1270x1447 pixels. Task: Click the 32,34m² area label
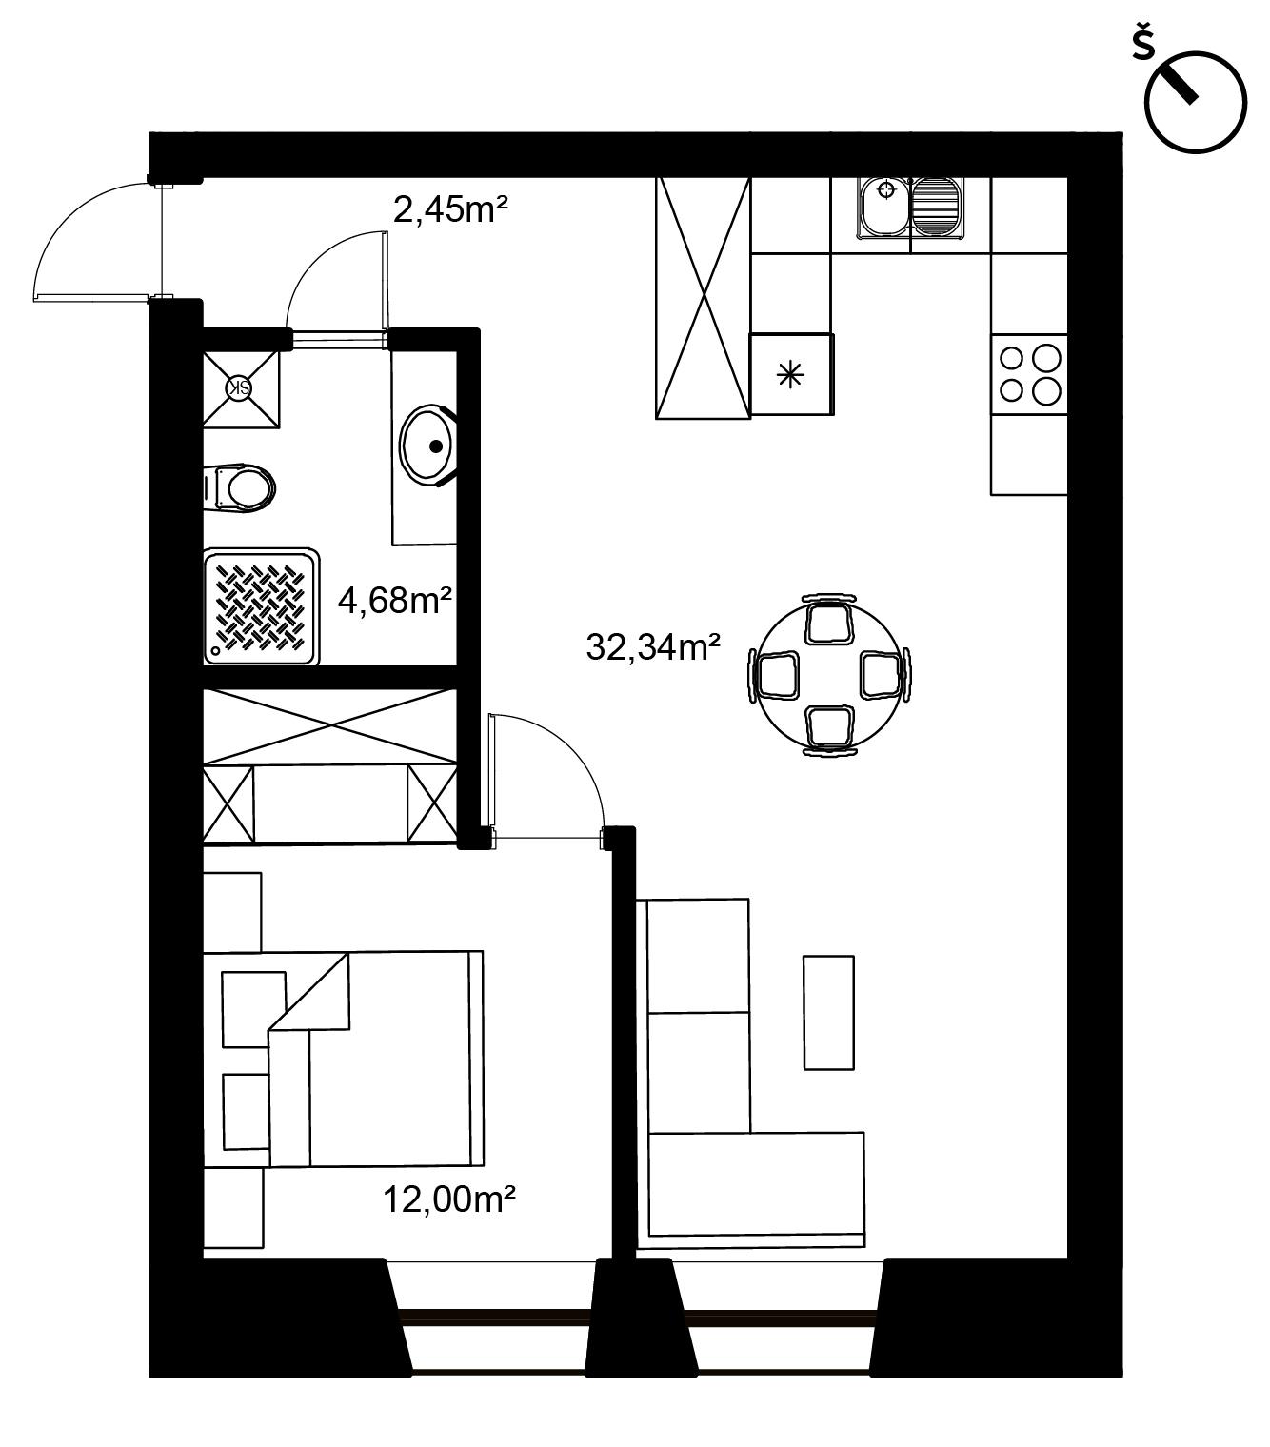click(652, 647)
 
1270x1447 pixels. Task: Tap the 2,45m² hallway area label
click(450, 210)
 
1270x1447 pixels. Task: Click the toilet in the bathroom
click(239, 488)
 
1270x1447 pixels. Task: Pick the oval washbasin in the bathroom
click(427, 446)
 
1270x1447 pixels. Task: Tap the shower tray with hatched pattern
click(261, 607)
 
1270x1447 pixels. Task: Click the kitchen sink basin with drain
click(885, 208)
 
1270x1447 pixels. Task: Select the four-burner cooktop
click(1028, 374)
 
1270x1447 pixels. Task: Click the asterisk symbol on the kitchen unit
click(790, 374)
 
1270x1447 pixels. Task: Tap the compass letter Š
click(1143, 44)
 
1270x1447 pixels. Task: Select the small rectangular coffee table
click(828, 1013)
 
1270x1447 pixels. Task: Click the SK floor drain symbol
click(239, 388)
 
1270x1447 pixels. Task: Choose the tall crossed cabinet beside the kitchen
click(703, 298)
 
